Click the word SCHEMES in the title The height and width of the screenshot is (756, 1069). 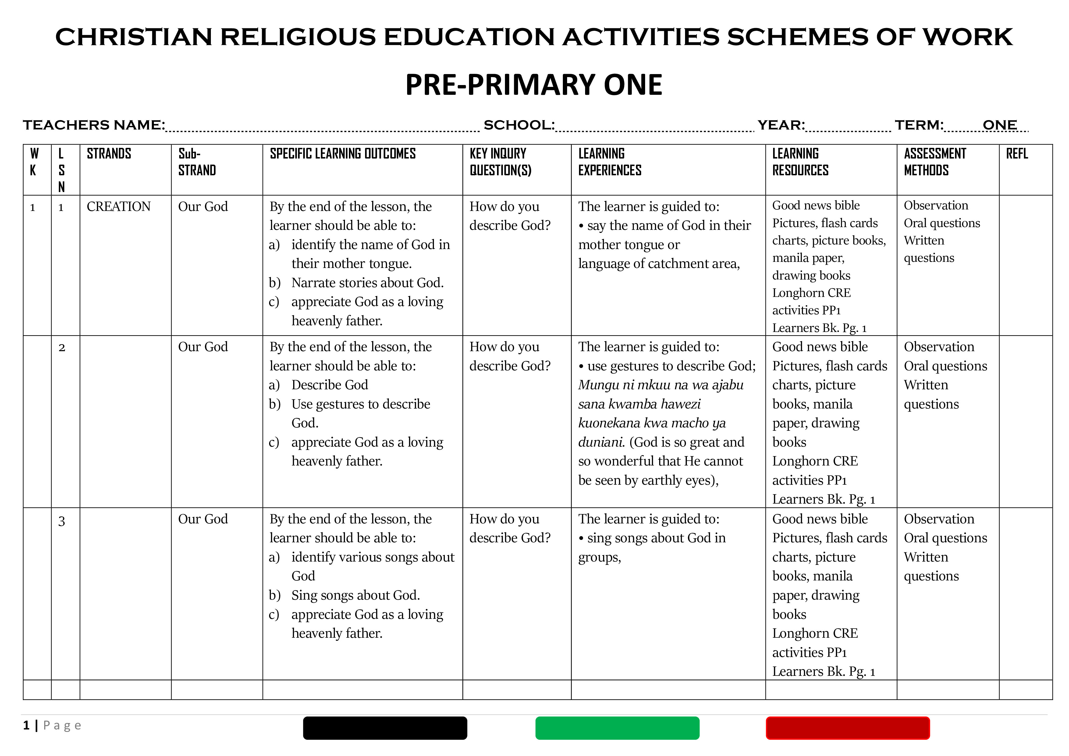797,37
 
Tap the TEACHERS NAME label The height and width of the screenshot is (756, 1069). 94,125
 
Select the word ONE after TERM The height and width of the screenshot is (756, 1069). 999,125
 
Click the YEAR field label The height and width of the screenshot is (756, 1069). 780,125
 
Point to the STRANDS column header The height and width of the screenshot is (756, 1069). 109,154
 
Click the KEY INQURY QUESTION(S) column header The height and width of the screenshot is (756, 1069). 500,162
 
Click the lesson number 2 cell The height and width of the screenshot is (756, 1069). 62,348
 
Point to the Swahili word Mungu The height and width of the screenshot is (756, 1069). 597,385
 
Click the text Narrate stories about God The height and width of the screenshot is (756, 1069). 367,283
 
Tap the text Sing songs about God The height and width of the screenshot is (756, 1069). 355,595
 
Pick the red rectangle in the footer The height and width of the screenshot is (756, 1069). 847,728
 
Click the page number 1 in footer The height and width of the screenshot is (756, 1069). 27,725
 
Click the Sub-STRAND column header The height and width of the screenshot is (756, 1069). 197,162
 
